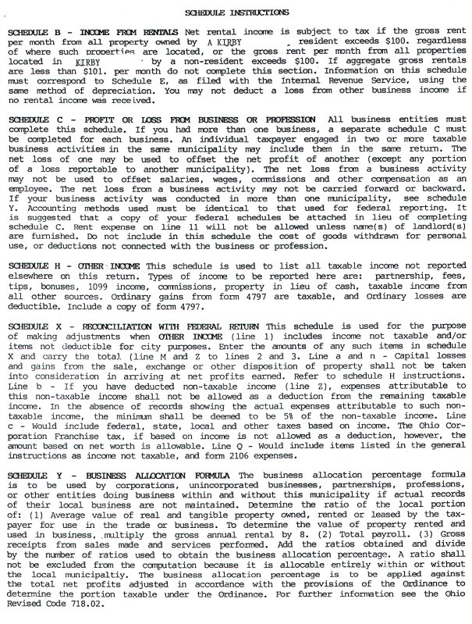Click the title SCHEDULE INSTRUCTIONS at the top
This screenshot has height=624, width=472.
click(x=236, y=13)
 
